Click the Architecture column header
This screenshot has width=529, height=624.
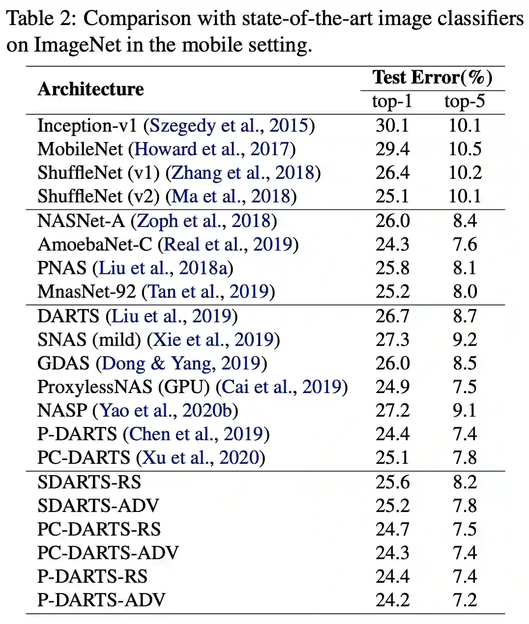tap(90, 89)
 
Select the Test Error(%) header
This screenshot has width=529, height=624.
tap(432, 78)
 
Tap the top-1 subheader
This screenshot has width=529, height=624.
tap(392, 101)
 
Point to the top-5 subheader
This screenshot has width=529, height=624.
tap(465, 101)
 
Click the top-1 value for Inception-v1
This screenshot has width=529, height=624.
tap(392, 125)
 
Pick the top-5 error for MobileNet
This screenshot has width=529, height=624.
tap(465, 149)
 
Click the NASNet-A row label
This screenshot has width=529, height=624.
tap(81, 221)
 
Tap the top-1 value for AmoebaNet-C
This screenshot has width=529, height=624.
tap(392, 244)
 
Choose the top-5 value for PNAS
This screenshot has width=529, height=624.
tap(465, 268)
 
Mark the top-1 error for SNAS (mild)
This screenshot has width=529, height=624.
tap(392, 340)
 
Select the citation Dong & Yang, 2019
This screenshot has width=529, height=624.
tap(181, 363)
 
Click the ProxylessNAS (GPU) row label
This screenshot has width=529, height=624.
tap(123, 387)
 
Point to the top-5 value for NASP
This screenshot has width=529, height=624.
tap(465, 410)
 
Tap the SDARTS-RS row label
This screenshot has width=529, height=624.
tap(89, 482)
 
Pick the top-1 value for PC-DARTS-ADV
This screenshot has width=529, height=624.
tap(392, 553)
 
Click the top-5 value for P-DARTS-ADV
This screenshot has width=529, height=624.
tap(465, 600)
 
